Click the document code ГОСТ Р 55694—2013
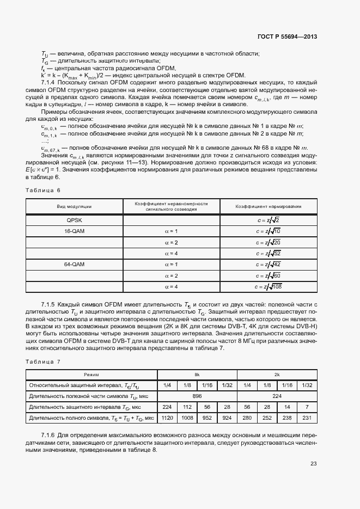[x=287, y=36]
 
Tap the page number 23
[x=314, y=464]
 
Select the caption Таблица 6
[x=43, y=190]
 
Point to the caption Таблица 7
[x=43, y=361]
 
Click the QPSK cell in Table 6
[x=74, y=220]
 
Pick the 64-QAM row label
[x=74, y=265]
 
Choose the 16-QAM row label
[x=74, y=231]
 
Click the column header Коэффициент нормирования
[x=269, y=206]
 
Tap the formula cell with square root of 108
[x=269, y=287]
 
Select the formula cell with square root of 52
[x=269, y=254]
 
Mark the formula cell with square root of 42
[x=269, y=265]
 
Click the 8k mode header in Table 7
[x=197, y=375]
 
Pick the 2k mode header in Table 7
[x=277, y=375]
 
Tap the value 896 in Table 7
[x=197, y=396]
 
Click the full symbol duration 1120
[x=167, y=418]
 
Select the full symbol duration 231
[x=307, y=418]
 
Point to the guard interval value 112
[x=187, y=407]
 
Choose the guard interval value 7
[x=307, y=407]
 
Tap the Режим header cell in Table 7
[x=91, y=375]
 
